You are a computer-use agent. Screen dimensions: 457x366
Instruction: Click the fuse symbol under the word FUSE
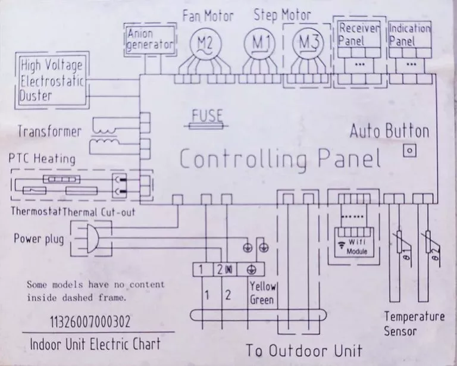point(206,126)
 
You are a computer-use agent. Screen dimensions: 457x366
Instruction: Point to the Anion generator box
point(150,40)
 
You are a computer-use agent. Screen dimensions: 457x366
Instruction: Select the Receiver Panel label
point(359,35)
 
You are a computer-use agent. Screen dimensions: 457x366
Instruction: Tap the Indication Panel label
point(409,35)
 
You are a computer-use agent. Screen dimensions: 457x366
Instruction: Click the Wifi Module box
point(354,242)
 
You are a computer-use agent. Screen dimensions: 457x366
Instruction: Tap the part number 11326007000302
point(90,322)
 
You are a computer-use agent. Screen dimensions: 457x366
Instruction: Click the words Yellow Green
point(262,293)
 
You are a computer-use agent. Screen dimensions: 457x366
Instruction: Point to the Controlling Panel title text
point(280,159)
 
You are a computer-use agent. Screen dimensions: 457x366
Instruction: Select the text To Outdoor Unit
point(304,350)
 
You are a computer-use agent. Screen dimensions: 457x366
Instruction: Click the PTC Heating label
point(42,159)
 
